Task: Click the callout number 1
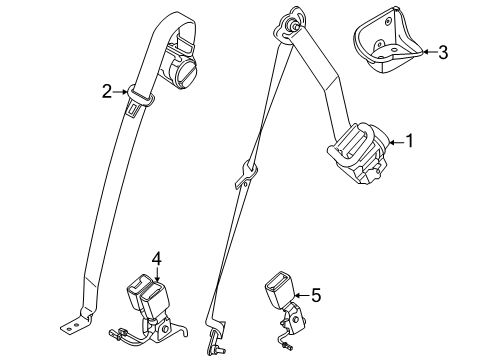(409, 141)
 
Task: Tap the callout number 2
(107, 91)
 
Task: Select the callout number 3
(443, 53)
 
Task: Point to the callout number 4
(157, 259)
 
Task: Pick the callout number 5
(316, 295)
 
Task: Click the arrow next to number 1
(396, 142)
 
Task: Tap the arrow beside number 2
(120, 91)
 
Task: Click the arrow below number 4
(157, 274)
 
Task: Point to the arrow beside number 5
(302, 295)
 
